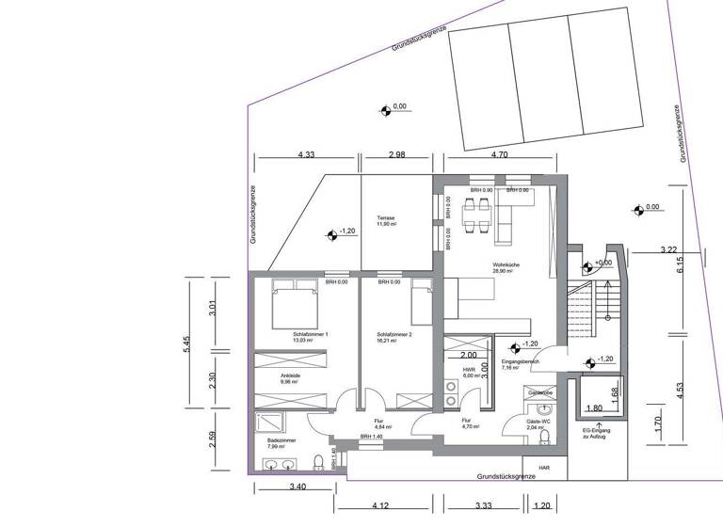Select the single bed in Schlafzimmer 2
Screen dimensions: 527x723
click(418, 304)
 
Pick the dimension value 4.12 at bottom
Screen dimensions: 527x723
click(381, 506)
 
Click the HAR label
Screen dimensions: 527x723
click(544, 466)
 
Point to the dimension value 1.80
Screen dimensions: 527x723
click(594, 409)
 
